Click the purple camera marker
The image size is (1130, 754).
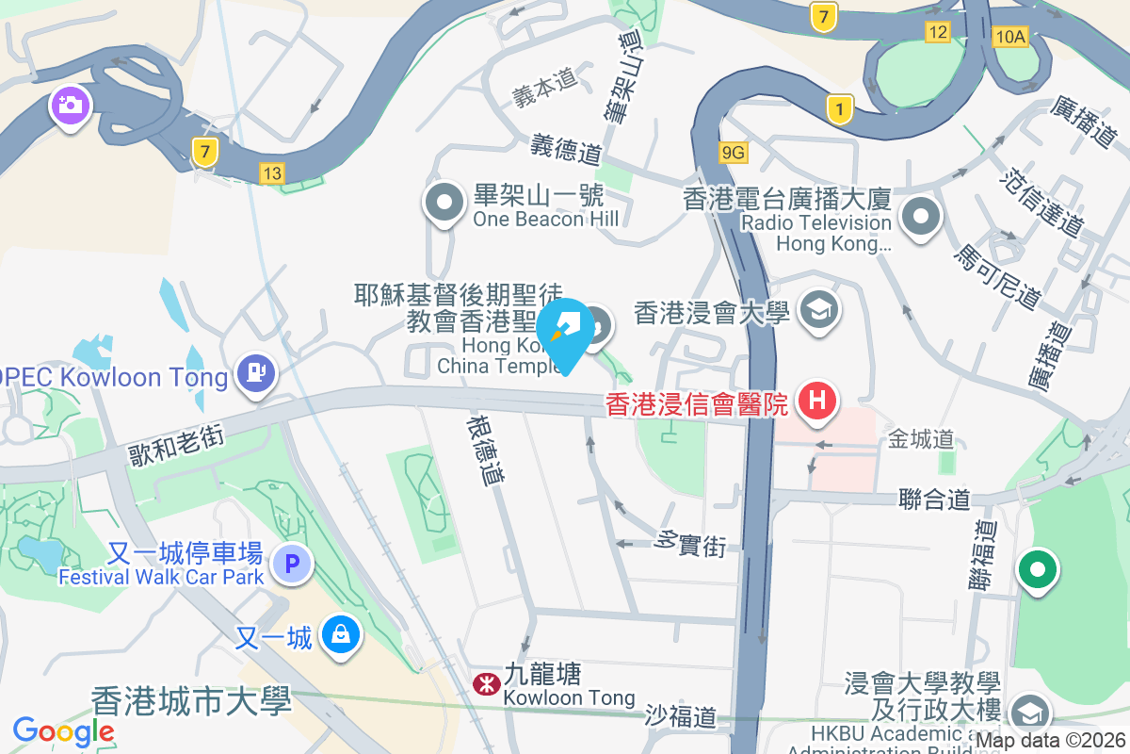coord(70,105)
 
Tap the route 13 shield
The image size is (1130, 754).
coord(272,172)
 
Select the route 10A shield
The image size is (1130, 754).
coord(1009,37)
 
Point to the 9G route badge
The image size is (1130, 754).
coord(733,152)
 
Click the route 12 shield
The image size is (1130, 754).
coord(937,32)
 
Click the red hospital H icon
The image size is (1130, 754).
coord(816,402)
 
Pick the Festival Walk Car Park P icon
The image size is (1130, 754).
coord(291,565)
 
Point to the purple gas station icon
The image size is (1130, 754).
coord(256,372)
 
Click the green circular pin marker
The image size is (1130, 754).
coord(1038,570)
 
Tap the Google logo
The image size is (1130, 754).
coord(63,730)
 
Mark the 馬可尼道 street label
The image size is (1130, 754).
coord(997,278)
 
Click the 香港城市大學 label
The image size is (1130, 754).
coord(191,701)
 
